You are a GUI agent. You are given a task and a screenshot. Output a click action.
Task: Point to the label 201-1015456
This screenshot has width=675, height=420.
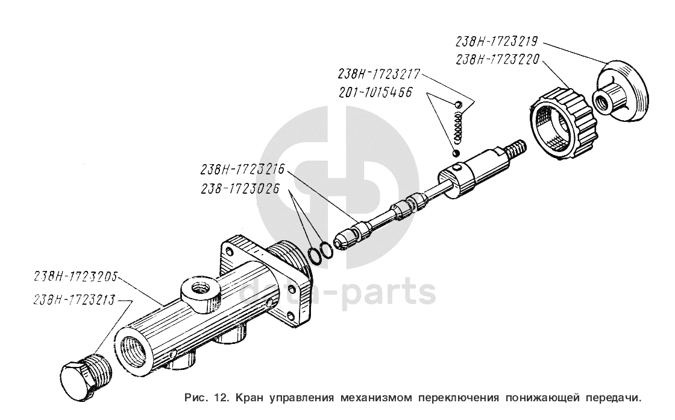pos(375,93)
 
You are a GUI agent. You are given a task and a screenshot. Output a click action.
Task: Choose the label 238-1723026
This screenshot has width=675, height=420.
pos(240,188)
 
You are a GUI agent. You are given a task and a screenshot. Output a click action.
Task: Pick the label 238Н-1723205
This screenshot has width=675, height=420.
pos(75,279)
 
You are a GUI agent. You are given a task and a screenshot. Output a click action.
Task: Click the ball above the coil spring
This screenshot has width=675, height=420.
pos(459,106)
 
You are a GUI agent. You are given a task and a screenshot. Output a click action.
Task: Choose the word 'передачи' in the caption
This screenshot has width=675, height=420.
pos(607,398)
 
